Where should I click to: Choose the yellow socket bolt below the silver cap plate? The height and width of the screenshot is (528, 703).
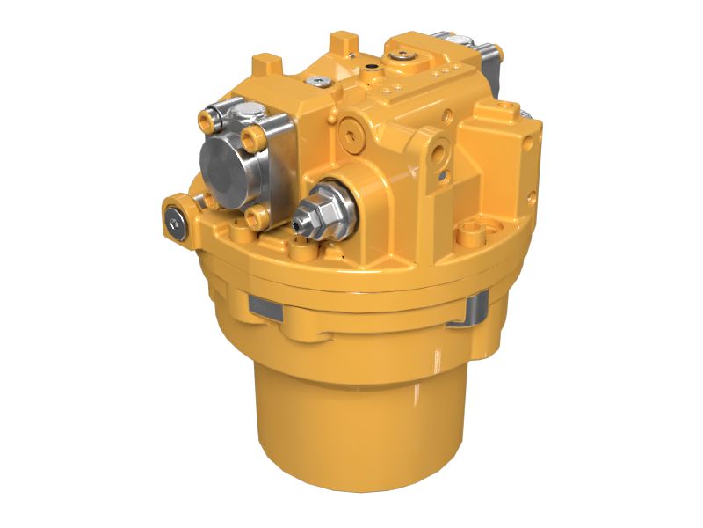pos(256,216)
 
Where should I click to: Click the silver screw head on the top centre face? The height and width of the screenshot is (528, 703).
pos(316,81)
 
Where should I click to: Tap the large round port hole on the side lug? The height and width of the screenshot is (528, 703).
pos(438,150)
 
